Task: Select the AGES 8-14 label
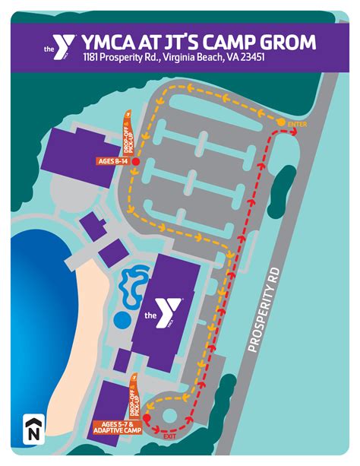tap(112, 162)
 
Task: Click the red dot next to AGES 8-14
tap(135, 162)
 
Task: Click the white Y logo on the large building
tap(169, 311)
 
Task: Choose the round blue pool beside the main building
tap(121, 316)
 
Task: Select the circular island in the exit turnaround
tap(166, 414)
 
